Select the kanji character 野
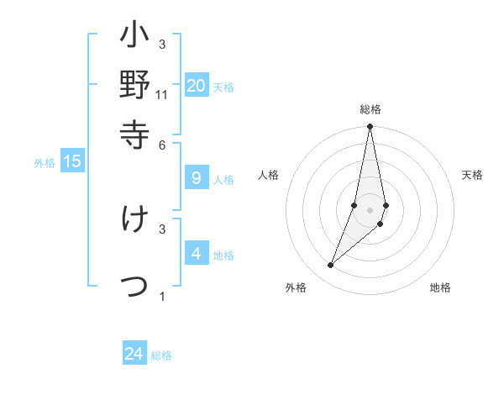135,86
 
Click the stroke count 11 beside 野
162,95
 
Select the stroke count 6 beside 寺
162,144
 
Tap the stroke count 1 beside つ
162,296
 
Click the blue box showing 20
197,85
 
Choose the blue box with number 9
197,177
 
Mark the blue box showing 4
197,253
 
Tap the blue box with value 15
72,161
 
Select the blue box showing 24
134,354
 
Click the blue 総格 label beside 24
161,355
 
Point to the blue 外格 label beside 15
45,163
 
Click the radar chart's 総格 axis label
370,109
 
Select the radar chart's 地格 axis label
440,287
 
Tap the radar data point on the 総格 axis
370,127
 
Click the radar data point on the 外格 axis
330,266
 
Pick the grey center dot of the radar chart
370,209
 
